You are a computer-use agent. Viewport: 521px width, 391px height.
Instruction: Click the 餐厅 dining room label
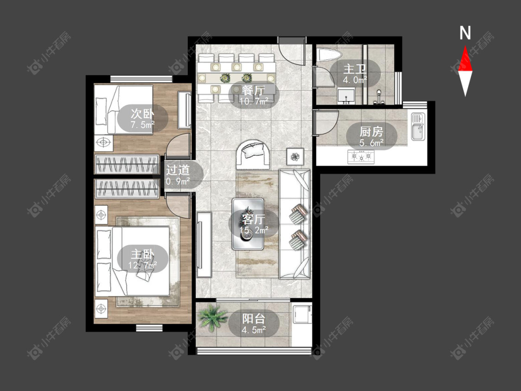pos(253,90)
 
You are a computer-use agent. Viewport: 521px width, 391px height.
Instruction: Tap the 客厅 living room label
pos(253,220)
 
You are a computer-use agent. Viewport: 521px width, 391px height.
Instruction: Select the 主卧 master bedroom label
pos(143,255)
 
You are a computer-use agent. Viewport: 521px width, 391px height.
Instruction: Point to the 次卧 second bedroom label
pos(143,114)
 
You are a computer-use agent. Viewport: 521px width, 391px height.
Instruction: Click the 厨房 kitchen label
pos(371,132)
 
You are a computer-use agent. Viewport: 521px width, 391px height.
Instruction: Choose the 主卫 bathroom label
pos(355,69)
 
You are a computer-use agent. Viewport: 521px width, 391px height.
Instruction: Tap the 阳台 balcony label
pos(253,319)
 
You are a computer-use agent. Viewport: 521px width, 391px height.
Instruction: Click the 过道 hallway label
pos(178,170)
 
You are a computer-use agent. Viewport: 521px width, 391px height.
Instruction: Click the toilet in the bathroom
pos(329,55)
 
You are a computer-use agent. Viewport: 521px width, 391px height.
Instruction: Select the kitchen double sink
pos(418,126)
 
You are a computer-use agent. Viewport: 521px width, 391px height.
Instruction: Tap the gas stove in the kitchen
pos(361,156)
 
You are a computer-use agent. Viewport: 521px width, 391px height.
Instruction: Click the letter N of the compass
pos(465,33)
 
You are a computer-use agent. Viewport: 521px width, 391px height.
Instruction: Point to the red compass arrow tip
pos(465,46)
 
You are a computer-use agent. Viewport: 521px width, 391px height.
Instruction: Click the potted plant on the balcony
pos(211,317)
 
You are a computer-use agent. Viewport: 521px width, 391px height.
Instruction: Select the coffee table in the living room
pos(248,224)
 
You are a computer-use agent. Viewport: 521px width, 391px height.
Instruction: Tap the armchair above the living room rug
pos(253,155)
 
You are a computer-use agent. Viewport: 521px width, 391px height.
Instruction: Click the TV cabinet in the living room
pos(204,245)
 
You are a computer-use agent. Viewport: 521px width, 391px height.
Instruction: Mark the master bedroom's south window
pos(149,328)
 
